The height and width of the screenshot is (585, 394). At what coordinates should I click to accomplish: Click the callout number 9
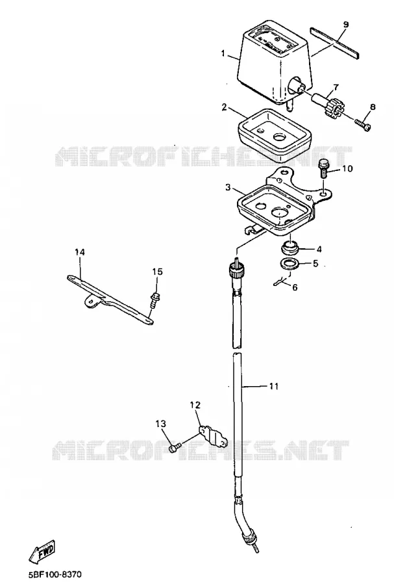pyautogui.click(x=345, y=25)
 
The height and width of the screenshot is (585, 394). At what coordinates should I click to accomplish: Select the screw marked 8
pyautogui.click(x=363, y=124)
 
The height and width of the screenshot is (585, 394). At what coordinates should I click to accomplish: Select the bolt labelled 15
pyautogui.click(x=153, y=300)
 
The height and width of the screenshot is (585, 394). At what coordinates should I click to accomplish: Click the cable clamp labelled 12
pyautogui.click(x=213, y=435)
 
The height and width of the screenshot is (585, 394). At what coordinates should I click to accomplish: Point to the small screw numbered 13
pyautogui.click(x=175, y=448)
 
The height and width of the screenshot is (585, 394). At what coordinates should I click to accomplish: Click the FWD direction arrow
pyautogui.click(x=42, y=551)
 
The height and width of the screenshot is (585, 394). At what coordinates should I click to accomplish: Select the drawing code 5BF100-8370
pyautogui.click(x=55, y=574)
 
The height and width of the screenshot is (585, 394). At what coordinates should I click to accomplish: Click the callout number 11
pyautogui.click(x=274, y=385)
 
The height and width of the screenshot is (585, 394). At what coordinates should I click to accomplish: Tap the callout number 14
pyautogui.click(x=80, y=252)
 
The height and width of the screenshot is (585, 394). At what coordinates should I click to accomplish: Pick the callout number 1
pyautogui.click(x=223, y=53)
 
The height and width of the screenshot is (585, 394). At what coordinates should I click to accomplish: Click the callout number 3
pyautogui.click(x=228, y=187)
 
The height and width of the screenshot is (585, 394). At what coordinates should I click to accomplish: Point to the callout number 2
pyautogui.click(x=224, y=107)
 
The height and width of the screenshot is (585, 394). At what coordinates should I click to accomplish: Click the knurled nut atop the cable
pyautogui.click(x=236, y=270)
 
